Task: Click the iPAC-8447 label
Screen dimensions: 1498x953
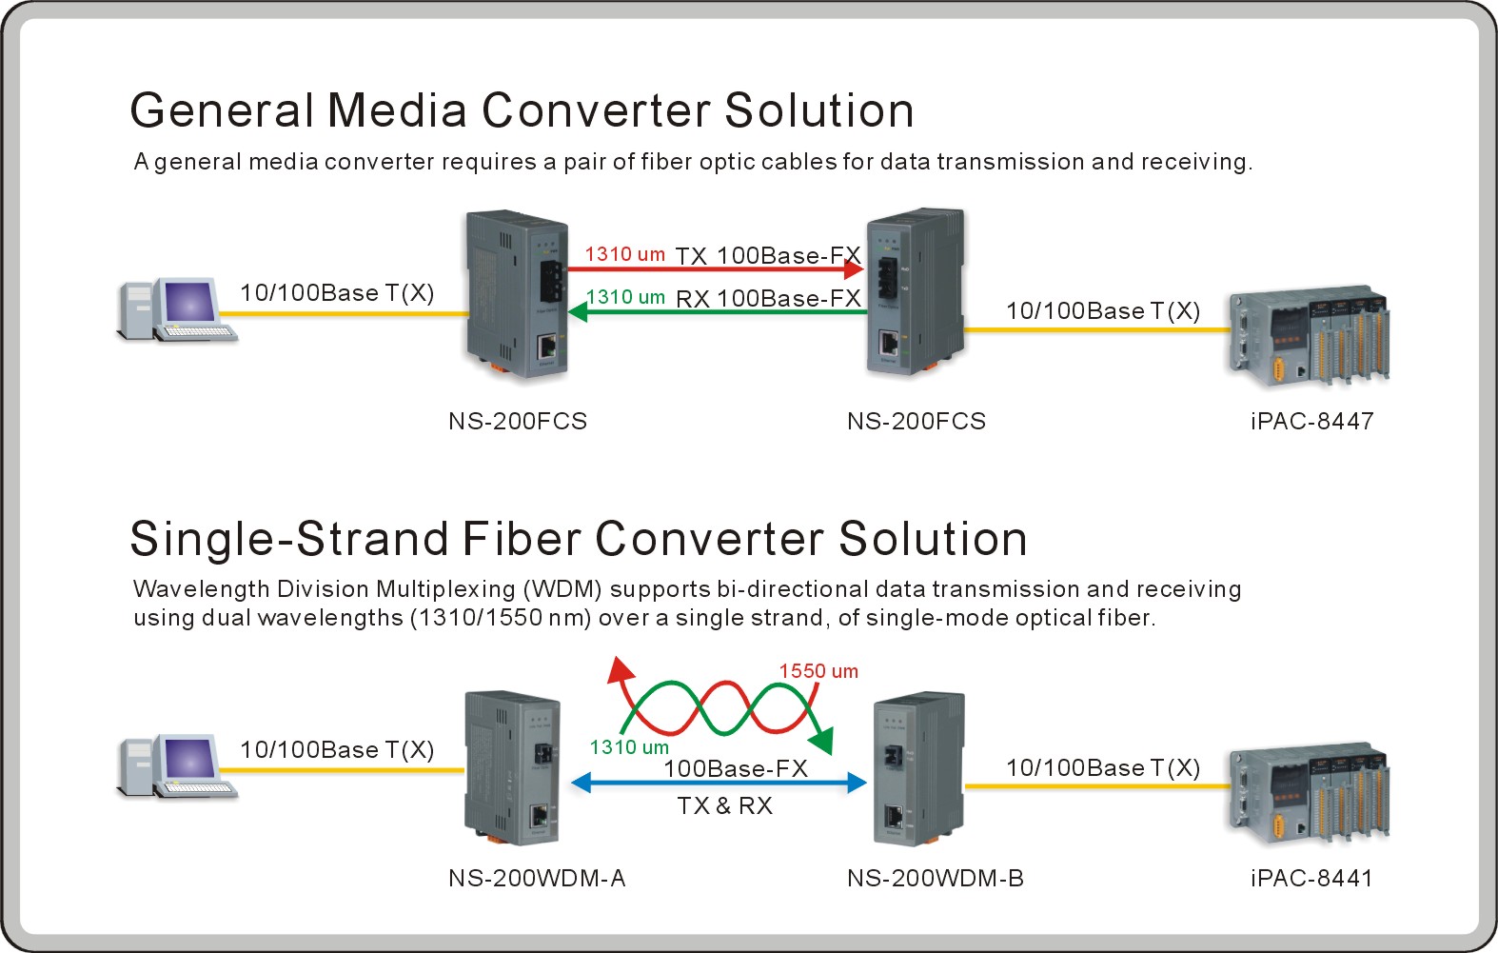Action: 1312,422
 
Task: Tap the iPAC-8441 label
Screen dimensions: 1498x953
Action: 1311,878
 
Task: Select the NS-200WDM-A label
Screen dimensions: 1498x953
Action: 537,878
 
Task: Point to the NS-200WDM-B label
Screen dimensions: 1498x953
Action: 936,878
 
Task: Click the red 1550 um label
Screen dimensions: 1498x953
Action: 818,671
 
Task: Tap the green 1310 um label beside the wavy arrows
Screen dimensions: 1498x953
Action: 629,747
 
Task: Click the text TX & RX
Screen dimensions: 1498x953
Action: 725,805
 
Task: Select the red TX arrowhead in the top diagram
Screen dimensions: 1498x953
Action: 854,269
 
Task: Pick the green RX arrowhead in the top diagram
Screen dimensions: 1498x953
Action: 578,311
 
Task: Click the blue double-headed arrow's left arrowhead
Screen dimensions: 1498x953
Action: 581,783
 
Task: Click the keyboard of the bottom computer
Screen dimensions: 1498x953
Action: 196,789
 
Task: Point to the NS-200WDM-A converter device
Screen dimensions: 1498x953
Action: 512,767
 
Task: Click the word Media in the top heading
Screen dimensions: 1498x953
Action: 397,110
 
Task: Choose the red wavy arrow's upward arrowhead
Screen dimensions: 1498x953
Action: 620,668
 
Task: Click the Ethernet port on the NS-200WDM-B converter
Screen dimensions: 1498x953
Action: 894,817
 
